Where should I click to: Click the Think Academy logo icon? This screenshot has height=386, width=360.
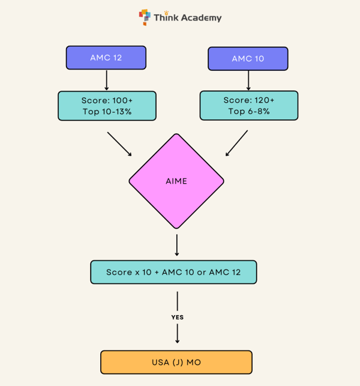[145, 17]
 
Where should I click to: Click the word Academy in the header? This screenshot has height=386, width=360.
[202, 18]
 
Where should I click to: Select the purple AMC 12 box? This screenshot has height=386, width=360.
[106, 58]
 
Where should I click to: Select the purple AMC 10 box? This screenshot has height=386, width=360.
[248, 59]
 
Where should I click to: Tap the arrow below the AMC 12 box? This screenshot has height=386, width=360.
[106, 80]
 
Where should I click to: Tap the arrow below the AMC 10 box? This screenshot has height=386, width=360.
[248, 80]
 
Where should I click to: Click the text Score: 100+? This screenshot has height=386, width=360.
[107, 100]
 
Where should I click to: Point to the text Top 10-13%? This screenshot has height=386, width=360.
[107, 112]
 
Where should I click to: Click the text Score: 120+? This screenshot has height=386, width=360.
[248, 100]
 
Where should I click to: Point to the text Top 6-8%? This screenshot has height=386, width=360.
[248, 112]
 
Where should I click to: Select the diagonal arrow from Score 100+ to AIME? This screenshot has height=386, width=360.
[120, 144]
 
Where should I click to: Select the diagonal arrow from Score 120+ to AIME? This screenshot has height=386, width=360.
[236, 143]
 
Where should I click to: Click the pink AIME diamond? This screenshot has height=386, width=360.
[176, 181]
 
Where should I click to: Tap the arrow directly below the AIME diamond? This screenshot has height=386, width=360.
[176, 245]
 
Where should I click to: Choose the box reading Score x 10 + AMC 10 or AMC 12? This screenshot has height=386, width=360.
[173, 272]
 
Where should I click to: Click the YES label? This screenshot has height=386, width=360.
[177, 317]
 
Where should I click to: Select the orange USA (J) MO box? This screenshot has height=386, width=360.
[176, 363]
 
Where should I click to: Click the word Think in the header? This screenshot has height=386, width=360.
[166, 18]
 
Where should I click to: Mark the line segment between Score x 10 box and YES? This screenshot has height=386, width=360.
[177, 300]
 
